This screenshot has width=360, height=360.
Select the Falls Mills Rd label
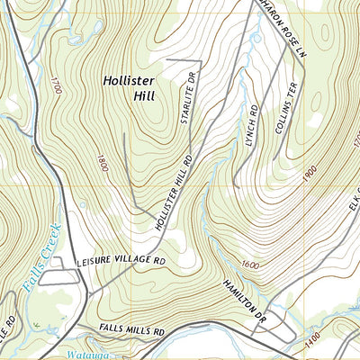click(x=132, y=332)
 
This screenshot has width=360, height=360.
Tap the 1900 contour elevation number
click(x=311, y=172)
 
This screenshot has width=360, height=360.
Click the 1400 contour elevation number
click(x=337, y=336)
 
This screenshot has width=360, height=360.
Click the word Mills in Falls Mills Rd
click(x=134, y=332)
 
